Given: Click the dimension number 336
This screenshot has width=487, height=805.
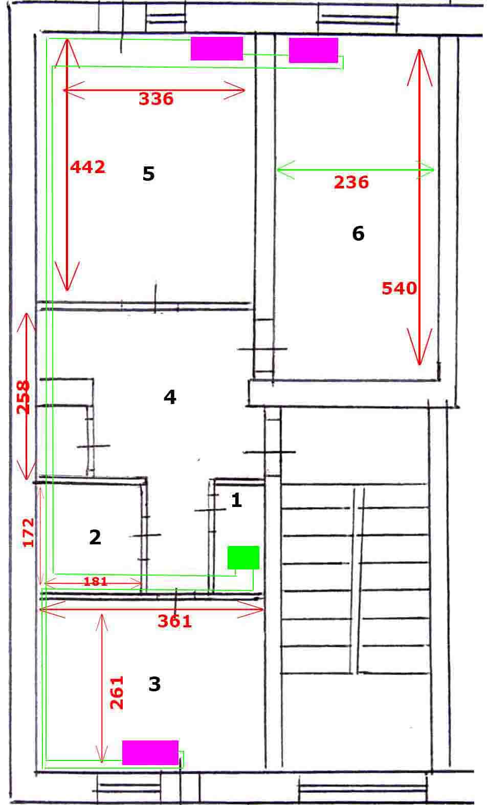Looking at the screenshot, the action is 156,99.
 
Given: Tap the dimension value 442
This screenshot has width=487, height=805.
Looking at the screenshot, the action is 88,167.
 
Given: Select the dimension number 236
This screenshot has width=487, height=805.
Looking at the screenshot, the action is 351,182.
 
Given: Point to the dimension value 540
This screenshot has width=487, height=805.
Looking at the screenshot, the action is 399,288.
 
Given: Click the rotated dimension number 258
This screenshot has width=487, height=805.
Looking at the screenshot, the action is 24,397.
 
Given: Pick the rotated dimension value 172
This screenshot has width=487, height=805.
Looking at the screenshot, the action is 28,533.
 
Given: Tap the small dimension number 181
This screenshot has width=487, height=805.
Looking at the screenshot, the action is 95,581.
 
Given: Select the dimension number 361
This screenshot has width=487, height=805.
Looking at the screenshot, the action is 175,621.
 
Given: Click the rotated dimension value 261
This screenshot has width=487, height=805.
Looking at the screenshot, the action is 117,692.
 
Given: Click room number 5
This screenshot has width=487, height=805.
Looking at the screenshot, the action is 148,174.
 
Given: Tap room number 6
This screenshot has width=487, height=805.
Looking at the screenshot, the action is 358,234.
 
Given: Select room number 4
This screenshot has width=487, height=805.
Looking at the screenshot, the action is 170,397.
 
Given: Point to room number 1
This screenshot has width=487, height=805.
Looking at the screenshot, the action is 236,500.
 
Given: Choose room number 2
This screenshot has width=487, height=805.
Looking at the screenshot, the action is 95,537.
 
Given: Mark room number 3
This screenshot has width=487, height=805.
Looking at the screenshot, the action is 154,684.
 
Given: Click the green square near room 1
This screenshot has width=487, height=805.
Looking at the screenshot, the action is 243,557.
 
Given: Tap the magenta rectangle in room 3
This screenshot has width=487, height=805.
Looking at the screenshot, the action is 150,753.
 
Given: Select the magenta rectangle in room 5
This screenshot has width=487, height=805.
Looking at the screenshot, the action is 217,49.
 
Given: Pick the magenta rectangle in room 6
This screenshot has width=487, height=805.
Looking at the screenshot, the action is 313,50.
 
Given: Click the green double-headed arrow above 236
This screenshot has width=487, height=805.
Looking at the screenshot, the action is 355,170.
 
